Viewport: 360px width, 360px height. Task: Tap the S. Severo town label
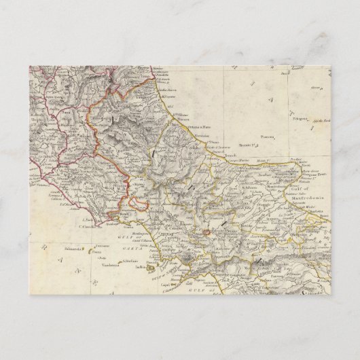point(254,181)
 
